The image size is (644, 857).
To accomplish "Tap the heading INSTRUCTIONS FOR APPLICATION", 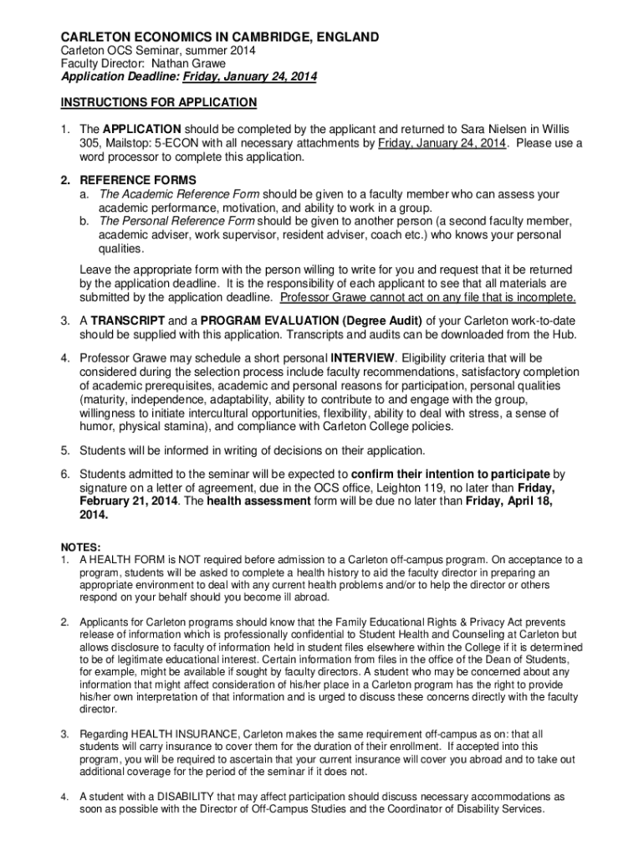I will pos(158,102).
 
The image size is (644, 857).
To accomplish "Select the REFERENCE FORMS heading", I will pos(138,180).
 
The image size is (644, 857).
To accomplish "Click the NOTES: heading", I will pos(79,547).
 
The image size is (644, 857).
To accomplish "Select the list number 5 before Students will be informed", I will pos(64,449).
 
